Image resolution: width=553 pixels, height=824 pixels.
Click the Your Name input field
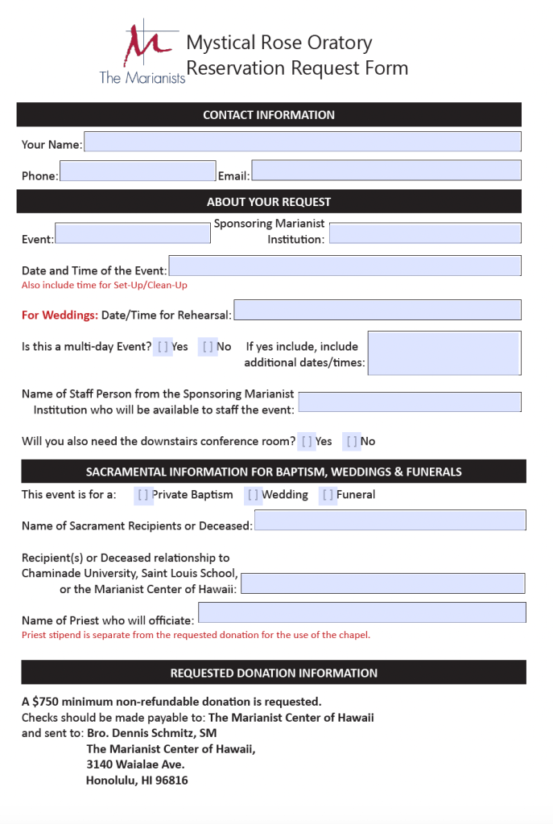click(x=302, y=142)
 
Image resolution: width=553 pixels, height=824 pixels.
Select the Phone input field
click(x=138, y=171)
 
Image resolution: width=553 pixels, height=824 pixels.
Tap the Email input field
click(x=386, y=171)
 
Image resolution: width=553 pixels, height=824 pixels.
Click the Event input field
click(x=133, y=233)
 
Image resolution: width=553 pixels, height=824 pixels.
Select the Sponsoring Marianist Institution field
click(x=425, y=233)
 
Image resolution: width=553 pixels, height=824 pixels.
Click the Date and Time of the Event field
click(x=345, y=266)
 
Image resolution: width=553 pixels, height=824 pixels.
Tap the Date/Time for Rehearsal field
click(x=377, y=311)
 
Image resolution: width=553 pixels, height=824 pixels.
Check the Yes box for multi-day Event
click(x=163, y=347)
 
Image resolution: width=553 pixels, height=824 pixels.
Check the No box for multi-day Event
click(x=208, y=347)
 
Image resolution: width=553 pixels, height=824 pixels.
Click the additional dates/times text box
click(x=444, y=353)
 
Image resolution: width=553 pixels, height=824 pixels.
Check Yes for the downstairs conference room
click(x=307, y=442)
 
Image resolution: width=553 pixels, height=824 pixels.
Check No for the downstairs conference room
click(x=352, y=442)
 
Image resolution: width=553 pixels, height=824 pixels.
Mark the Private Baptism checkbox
click(x=143, y=496)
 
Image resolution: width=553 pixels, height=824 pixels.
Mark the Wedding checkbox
click(x=253, y=496)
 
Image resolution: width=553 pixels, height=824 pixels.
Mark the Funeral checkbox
click(x=328, y=496)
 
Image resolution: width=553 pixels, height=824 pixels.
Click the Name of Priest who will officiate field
click(x=362, y=613)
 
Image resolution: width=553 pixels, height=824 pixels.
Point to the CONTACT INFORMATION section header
click(x=269, y=115)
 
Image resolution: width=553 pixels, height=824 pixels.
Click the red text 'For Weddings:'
click(x=60, y=315)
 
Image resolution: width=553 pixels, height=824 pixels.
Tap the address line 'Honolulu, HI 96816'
click(x=137, y=781)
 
